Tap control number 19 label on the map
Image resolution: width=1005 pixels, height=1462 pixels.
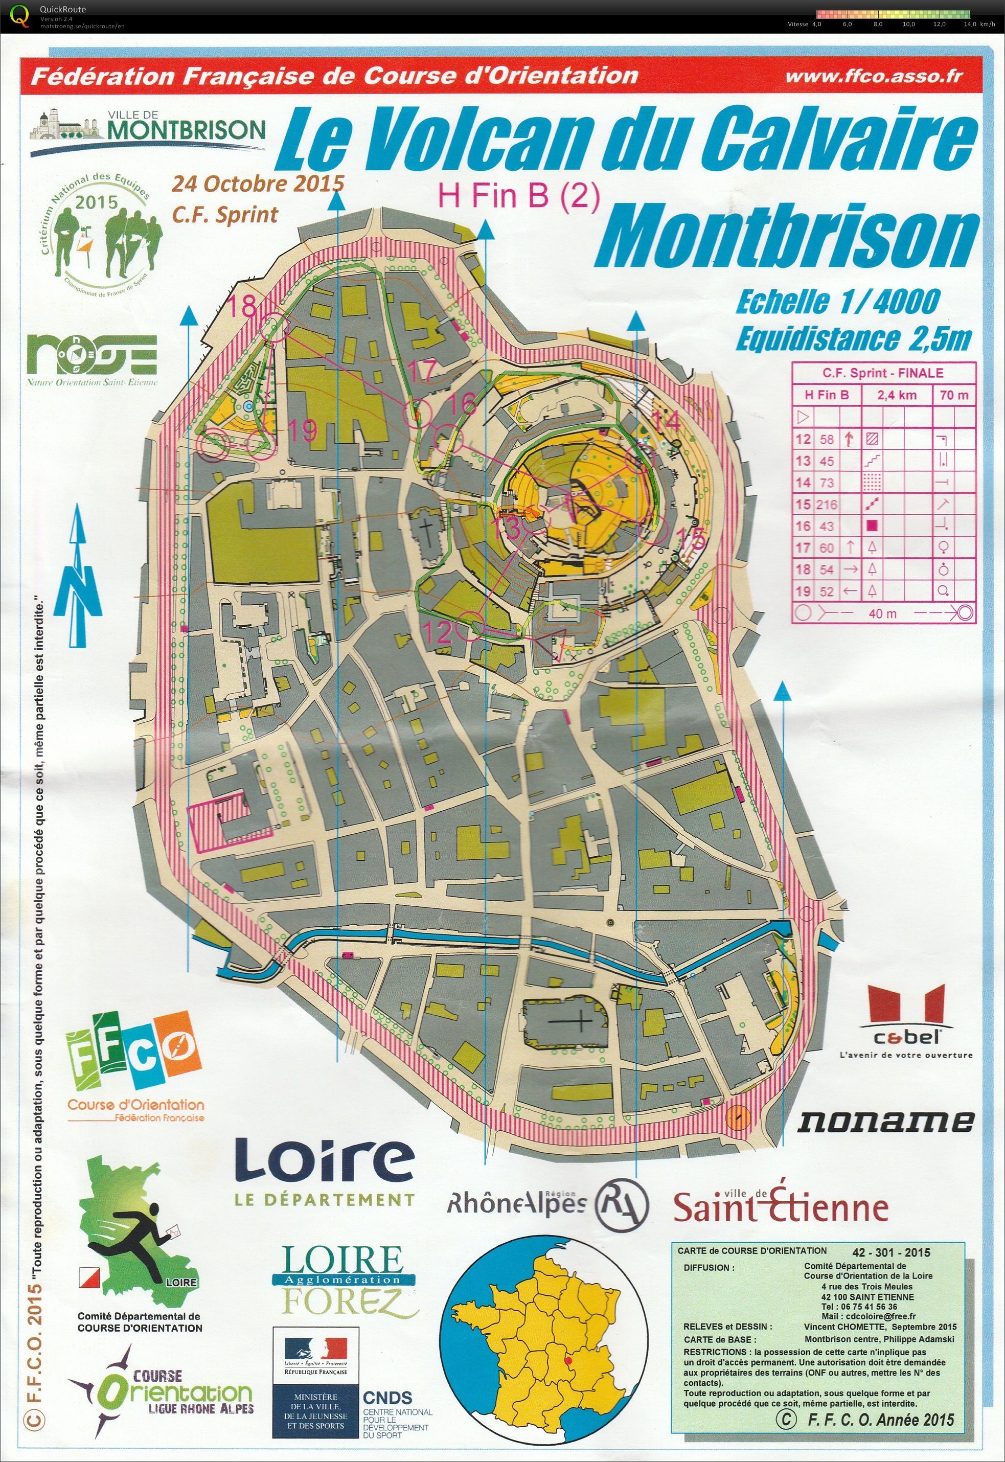[302, 432]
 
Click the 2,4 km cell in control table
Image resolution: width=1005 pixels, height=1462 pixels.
[897, 395]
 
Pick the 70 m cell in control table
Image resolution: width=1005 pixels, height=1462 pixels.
[953, 395]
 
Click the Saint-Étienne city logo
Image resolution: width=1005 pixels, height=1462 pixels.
[781, 1205]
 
